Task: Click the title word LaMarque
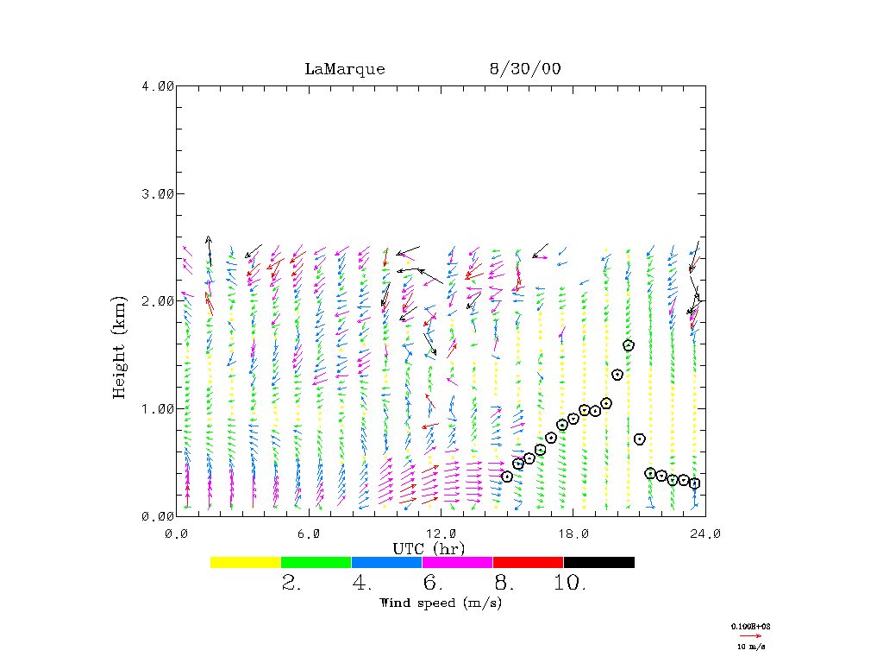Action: pos(344,69)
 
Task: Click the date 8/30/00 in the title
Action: pos(524,69)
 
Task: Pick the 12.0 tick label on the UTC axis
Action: pos(441,534)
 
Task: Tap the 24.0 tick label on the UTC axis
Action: pos(705,534)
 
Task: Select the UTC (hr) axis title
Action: pos(429,548)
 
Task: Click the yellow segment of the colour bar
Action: pos(245,562)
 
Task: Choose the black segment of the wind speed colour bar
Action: pos(598,562)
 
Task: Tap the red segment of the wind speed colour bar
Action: pos(528,562)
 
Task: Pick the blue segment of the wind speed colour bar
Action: pos(386,562)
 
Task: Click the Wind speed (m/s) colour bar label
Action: pos(440,602)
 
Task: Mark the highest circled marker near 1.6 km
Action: pos(629,345)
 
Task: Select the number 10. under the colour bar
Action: pos(570,583)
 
